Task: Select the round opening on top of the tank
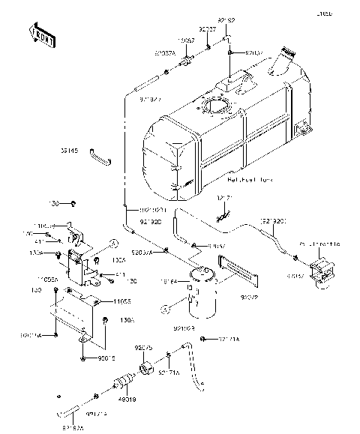(218, 108)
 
